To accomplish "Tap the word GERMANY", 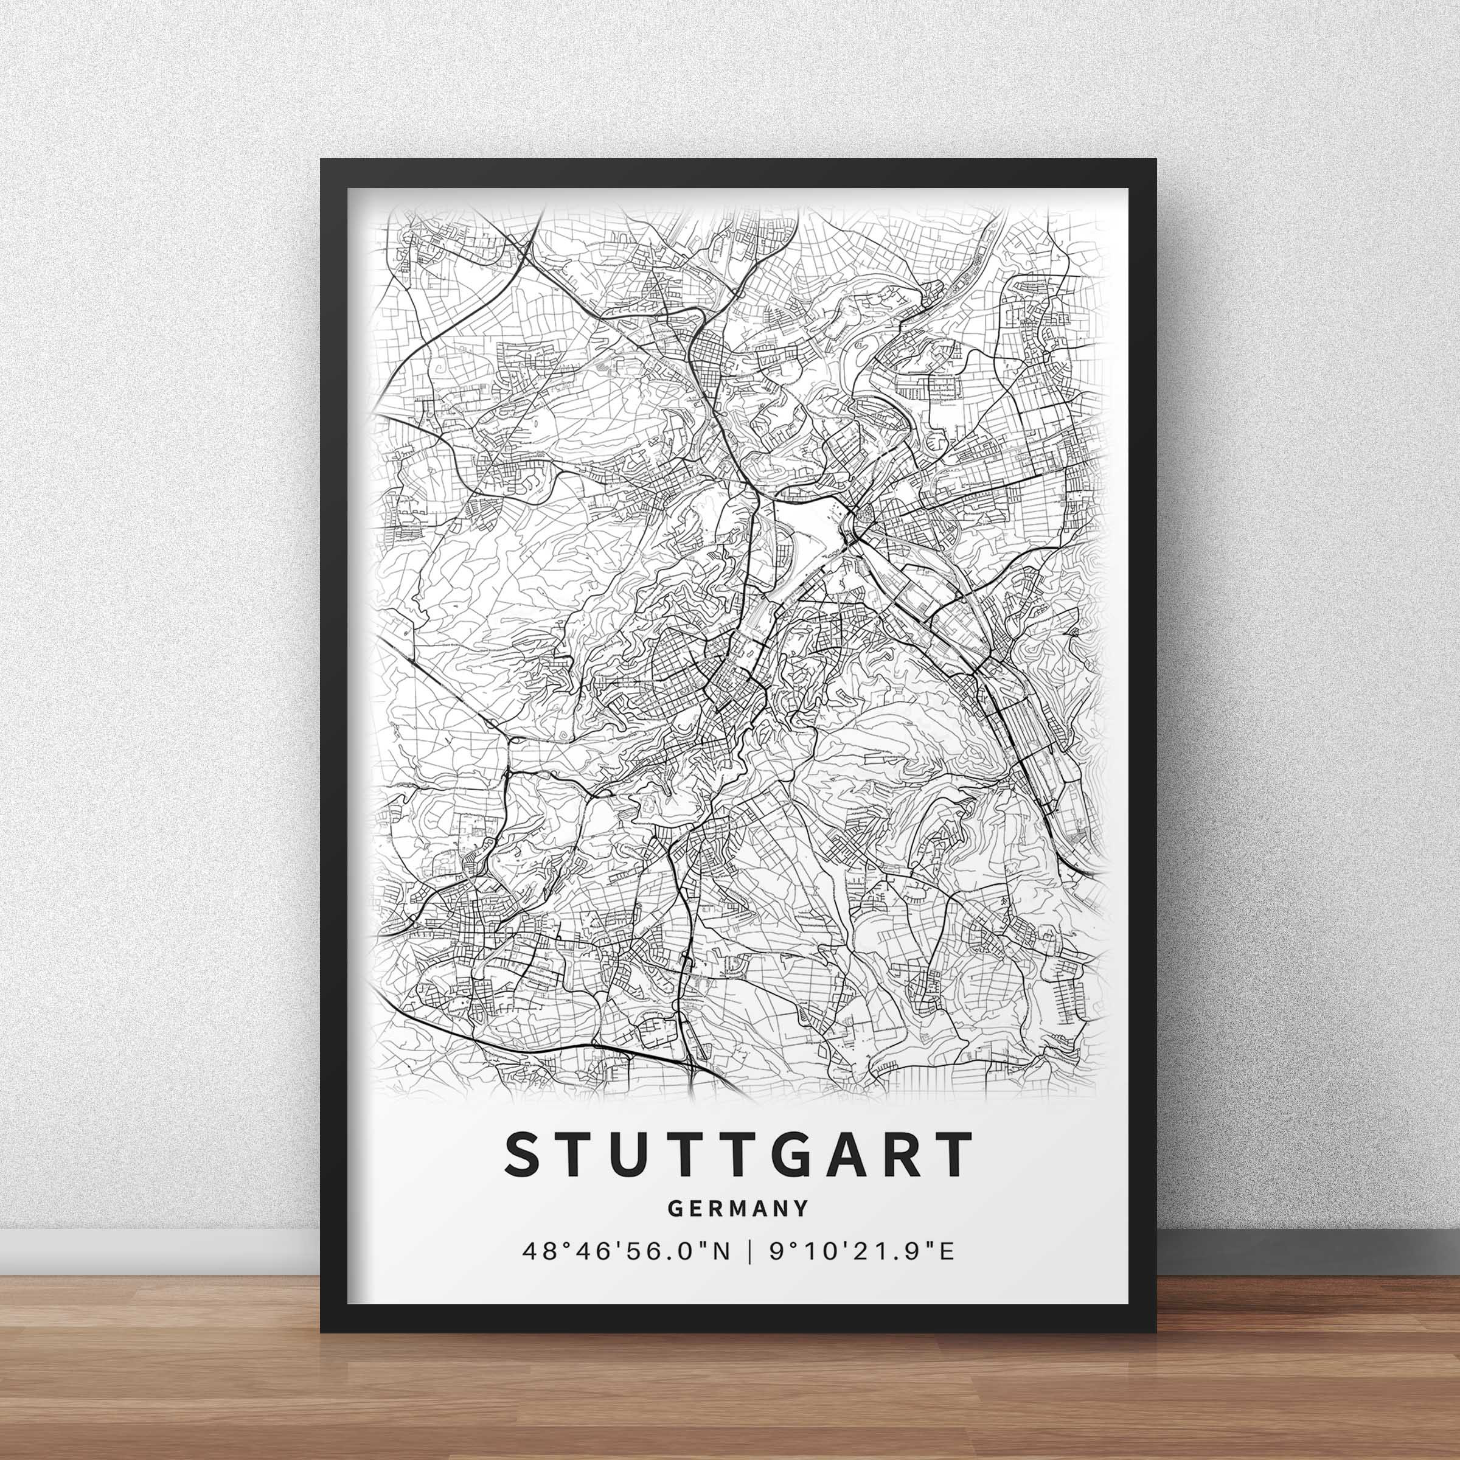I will tap(736, 1208).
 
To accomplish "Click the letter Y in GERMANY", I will tap(798, 1208).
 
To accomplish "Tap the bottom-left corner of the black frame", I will tap(322, 1331).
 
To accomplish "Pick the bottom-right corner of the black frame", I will tap(1155, 1331).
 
